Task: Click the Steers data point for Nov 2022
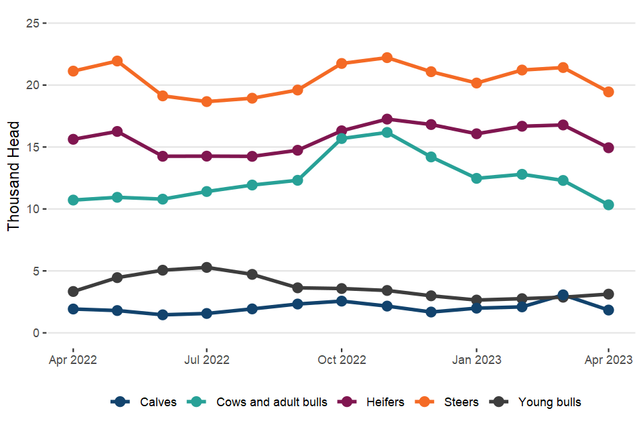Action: tap(386, 58)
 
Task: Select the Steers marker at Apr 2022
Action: tap(72, 71)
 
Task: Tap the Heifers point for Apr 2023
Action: tap(608, 147)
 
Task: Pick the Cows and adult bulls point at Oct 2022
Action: tap(342, 139)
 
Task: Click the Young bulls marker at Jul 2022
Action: tap(206, 267)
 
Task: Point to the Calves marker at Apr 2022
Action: tap(72, 309)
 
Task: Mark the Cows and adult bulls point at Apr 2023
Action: tap(608, 205)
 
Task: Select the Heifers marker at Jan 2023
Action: tap(476, 133)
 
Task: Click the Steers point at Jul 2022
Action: tap(206, 102)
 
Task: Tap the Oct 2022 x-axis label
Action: tap(342, 360)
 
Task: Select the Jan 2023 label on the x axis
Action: tap(476, 360)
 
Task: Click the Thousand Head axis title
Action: tap(14, 176)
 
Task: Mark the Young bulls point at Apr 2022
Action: tap(72, 292)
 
